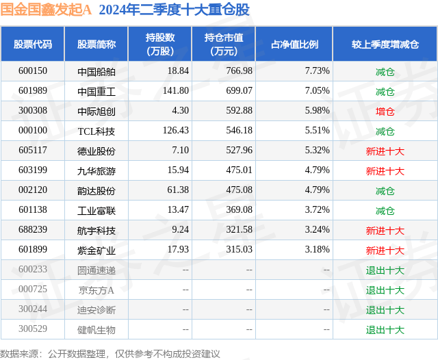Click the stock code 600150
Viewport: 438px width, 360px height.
[x=33, y=71]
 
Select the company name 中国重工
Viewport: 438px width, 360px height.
[x=96, y=91]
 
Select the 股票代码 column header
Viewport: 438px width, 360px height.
[x=33, y=44]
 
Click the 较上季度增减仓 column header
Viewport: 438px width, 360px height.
[x=385, y=44]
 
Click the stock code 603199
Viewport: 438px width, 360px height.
[x=33, y=170]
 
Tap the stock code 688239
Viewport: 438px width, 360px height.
[x=33, y=230]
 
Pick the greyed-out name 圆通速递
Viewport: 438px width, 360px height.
[x=96, y=270]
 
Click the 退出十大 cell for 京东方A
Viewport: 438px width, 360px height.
[x=385, y=290]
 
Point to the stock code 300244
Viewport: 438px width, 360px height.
[x=33, y=309]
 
